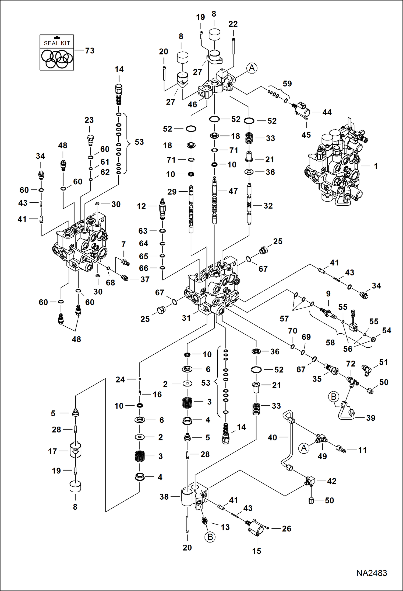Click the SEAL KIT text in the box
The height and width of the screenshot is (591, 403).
click(x=57, y=43)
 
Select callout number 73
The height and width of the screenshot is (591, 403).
click(x=90, y=51)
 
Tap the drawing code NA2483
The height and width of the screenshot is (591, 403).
click(x=372, y=573)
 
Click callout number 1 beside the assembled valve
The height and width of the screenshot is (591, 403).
click(x=376, y=166)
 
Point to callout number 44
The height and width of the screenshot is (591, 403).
click(x=327, y=112)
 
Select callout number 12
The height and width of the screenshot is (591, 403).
click(x=141, y=206)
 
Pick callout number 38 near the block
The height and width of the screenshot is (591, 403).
click(x=164, y=497)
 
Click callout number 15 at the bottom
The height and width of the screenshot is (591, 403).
click(x=256, y=551)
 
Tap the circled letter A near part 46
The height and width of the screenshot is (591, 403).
click(x=252, y=68)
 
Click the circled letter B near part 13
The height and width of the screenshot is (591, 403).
click(x=210, y=537)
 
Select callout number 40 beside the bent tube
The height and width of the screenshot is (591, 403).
click(x=272, y=437)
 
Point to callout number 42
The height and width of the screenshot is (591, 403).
click(x=331, y=481)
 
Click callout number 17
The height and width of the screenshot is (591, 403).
click(x=52, y=451)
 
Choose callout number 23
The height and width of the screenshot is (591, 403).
click(x=89, y=120)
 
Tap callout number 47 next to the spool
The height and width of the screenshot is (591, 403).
click(x=233, y=191)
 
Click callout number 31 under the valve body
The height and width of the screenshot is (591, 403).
click(x=186, y=318)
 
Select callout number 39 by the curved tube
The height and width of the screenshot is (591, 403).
click(x=370, y=418)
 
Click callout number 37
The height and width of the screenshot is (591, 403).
click(x=145, y=279)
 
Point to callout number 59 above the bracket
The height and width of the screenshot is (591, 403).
click(x=287, y=84)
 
